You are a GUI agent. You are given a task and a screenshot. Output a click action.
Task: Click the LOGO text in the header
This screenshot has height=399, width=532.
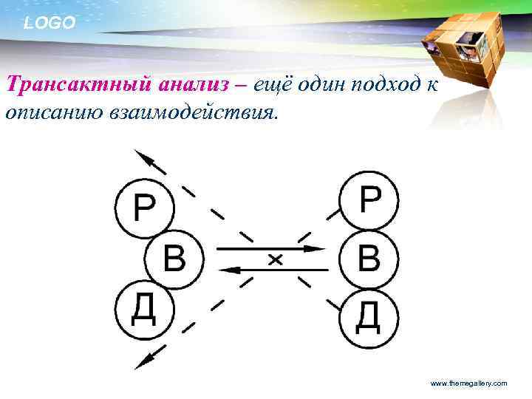[50, 23]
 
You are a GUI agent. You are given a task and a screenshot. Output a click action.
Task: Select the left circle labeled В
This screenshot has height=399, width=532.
[173, 259]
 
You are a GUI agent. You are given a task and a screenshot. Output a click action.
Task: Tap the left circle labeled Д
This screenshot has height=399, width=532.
[143, 310]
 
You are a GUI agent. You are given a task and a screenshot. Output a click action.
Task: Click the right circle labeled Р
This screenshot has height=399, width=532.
[369, 200]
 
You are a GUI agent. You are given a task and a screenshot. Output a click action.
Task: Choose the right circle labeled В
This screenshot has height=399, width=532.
[369, 259]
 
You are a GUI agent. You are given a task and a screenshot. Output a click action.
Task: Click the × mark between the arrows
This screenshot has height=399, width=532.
[275, 259]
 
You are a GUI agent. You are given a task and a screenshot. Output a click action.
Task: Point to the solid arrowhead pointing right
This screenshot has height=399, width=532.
[316, 248]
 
